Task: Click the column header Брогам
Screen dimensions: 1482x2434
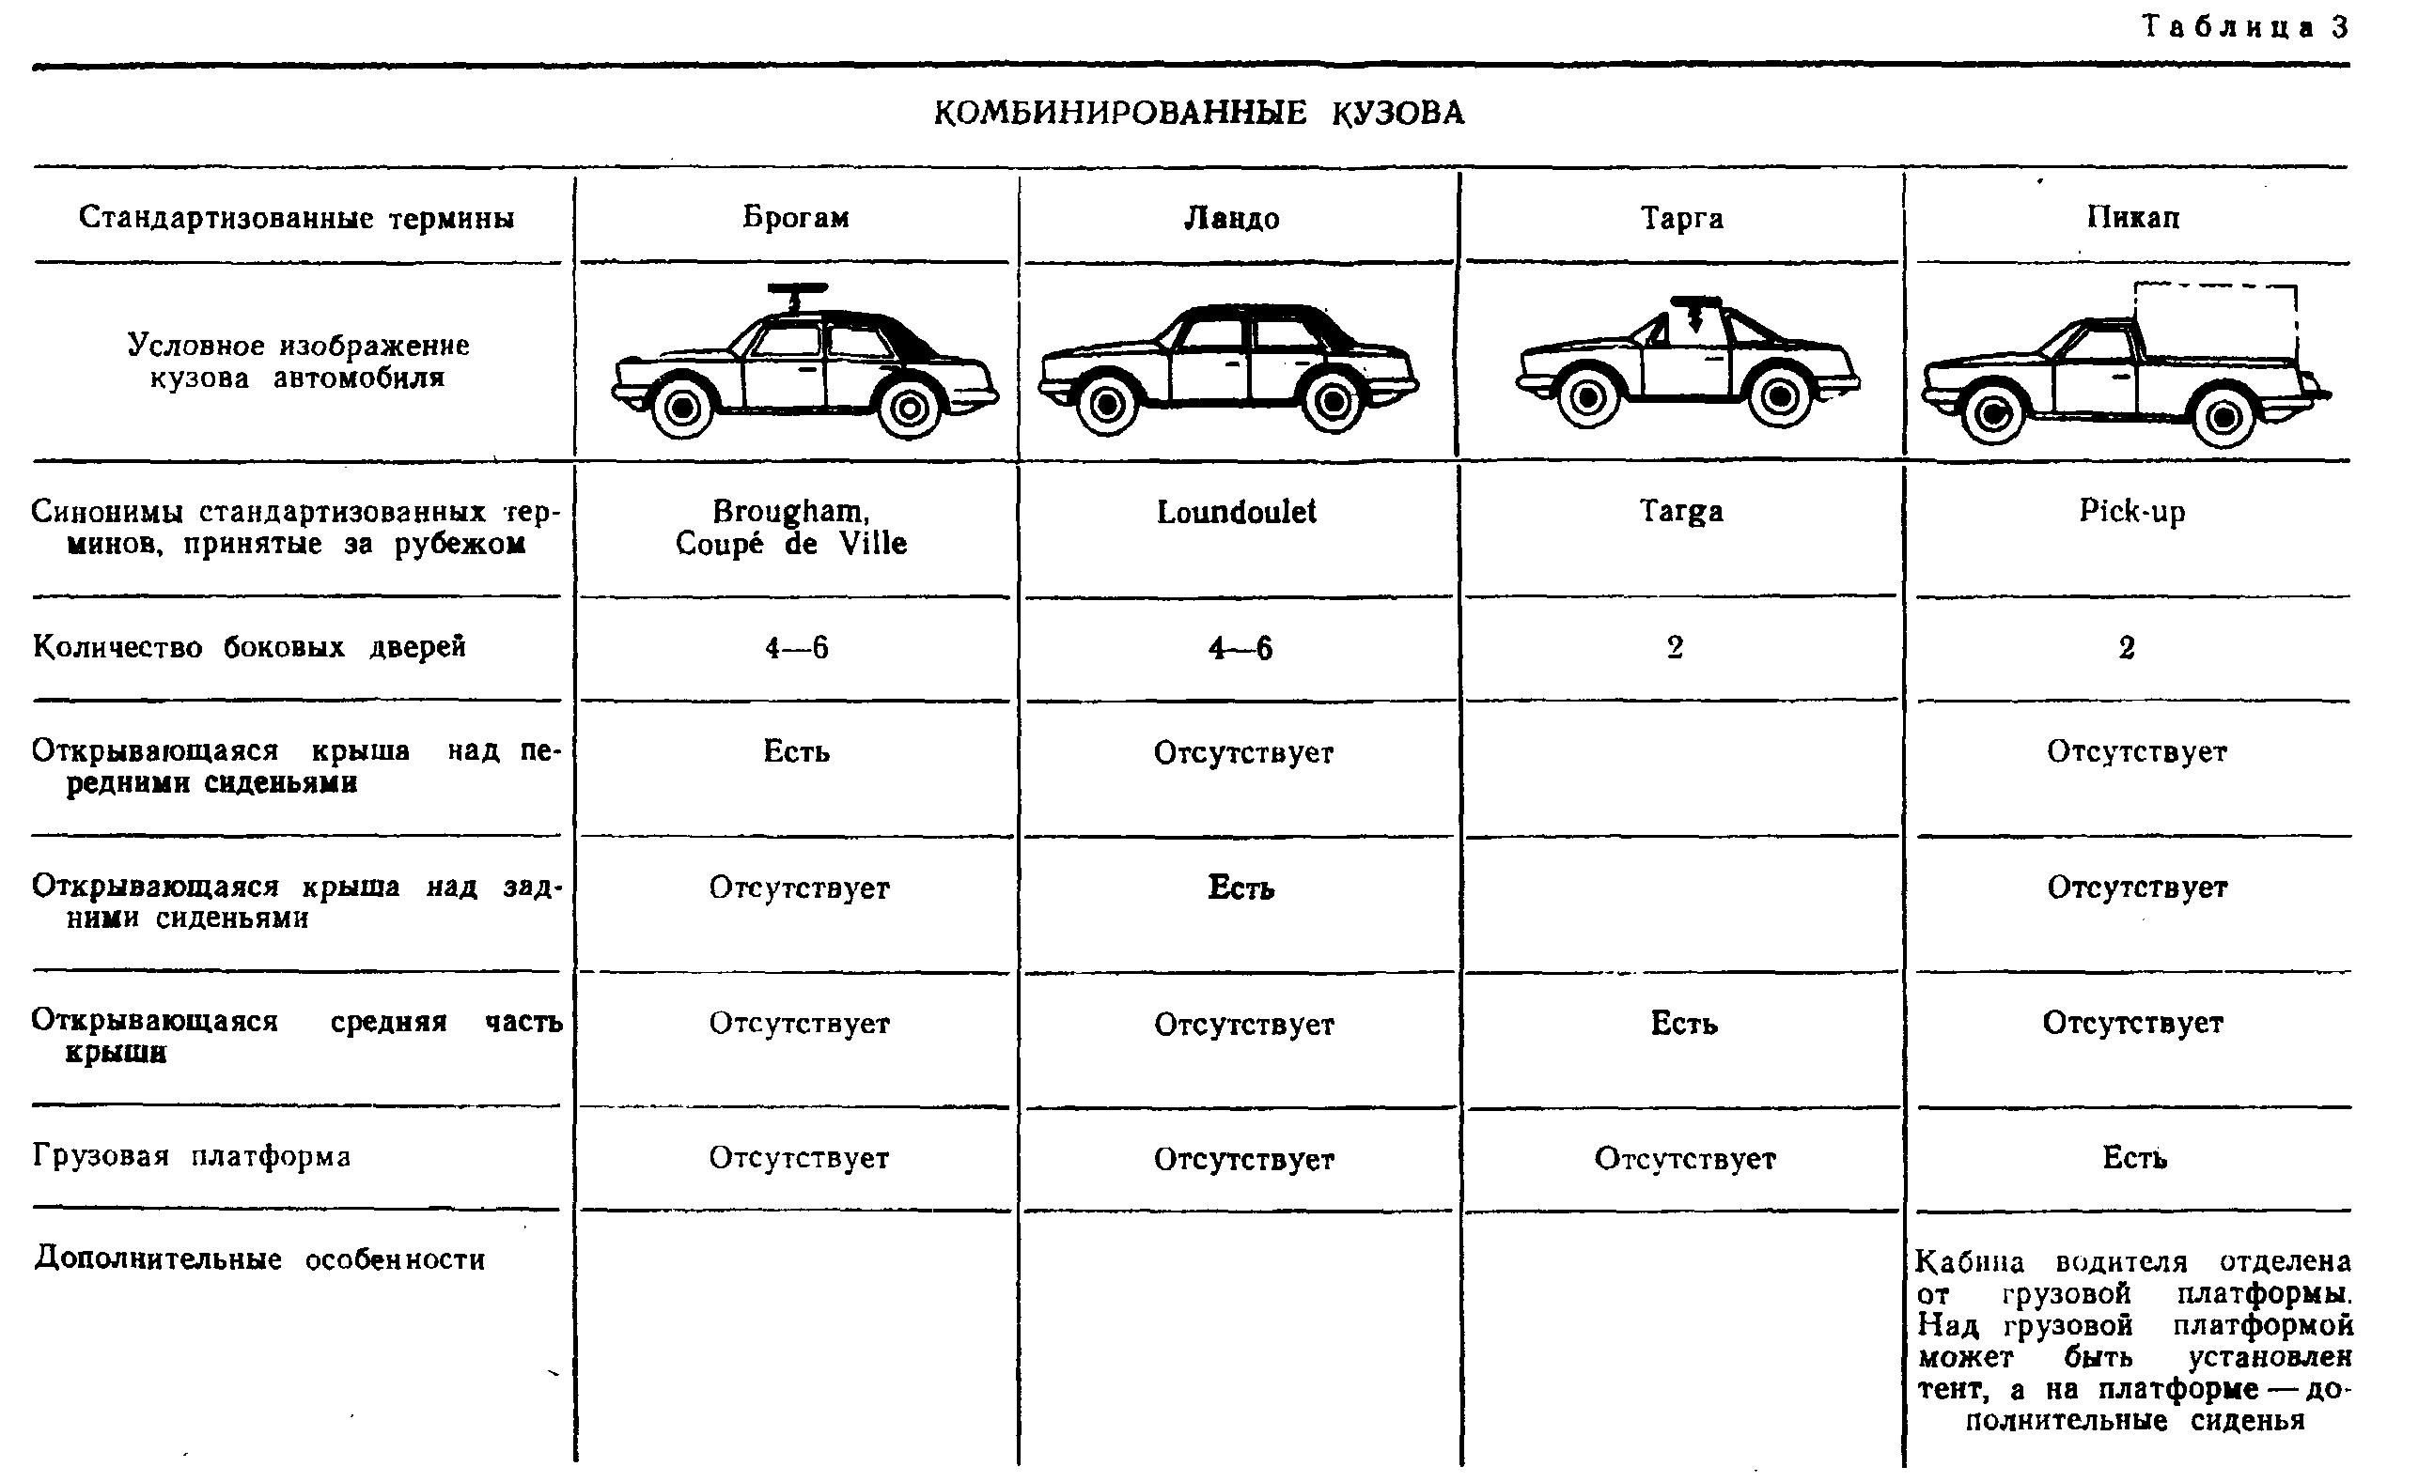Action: tap(795, 217)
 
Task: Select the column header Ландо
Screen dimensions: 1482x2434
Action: tap(1232, 217)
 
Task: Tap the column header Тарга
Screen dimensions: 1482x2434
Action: tap(1681, 217)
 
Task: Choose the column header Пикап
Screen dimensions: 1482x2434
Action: tap(2132, 217)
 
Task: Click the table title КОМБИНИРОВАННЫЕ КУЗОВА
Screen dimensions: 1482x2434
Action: tap(1198, 114)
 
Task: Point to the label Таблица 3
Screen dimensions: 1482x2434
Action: tap(2243, 27)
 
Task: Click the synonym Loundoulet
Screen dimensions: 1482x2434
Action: tap(1236, 512)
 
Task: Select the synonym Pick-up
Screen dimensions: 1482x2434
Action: tap(2131, 512)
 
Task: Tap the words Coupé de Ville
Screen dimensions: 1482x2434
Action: tap(790, 544)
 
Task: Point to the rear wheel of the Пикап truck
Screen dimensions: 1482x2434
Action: tap(2223, 417)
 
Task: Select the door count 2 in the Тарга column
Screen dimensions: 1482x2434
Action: tap(1676, 648)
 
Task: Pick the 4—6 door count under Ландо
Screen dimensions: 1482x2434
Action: tap(1240, 649)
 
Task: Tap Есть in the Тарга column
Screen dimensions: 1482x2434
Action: tap(1683, 1024)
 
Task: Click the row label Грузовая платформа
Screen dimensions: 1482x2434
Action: tap(192, 1156)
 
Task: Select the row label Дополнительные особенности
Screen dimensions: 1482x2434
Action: tap(259, 1259)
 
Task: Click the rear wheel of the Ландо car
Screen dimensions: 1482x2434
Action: tap(1334, 402)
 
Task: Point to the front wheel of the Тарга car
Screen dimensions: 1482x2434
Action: tap(1587, 397)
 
